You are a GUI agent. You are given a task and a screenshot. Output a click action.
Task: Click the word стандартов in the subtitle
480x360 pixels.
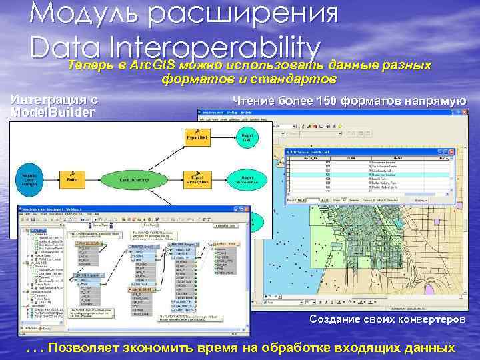tap(295, 79)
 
